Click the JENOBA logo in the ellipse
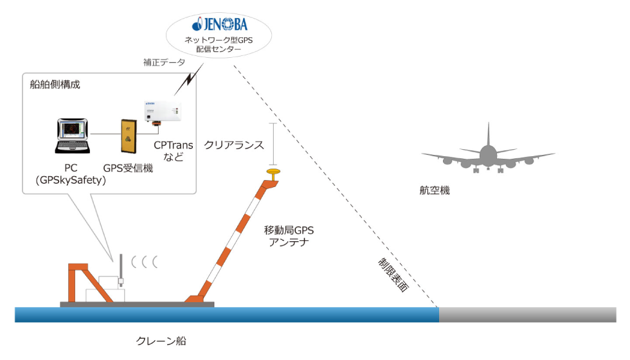(x=220, y=26)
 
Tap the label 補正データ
(x=164, y=63)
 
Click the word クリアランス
(x=234, y=145)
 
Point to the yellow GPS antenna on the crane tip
(x=274, y=172)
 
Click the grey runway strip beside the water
(x=527, y=314)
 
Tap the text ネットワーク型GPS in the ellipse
(x=219, y=39)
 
